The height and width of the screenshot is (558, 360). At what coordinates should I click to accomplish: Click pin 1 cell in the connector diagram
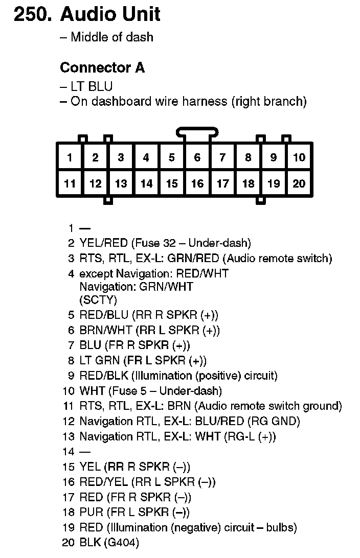(x=70, y=158)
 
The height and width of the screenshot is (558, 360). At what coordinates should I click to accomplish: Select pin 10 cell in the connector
(x=299, y=158)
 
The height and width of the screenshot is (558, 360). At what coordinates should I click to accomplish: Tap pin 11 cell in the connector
(x=70, y=183)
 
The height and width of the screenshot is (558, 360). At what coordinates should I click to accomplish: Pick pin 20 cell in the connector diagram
(x=299, y=183)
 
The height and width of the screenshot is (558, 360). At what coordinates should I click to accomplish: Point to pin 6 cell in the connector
(x=197, y=158)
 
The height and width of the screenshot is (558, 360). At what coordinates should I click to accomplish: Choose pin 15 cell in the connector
(x=172, y=183)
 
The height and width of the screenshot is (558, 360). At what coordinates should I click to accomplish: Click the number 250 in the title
(x=32, y=14)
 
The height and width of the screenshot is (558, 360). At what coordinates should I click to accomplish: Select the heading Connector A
(x=102, y=67)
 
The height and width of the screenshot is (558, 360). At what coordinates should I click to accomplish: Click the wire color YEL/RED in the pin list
(x=104, y=243)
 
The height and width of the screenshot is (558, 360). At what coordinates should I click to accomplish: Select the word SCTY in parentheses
(x=98, y=299)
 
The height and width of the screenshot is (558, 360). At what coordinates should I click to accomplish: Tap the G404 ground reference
(x=121, y=543)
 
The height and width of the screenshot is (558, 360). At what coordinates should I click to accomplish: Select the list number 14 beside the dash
(x=69, y=452)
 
